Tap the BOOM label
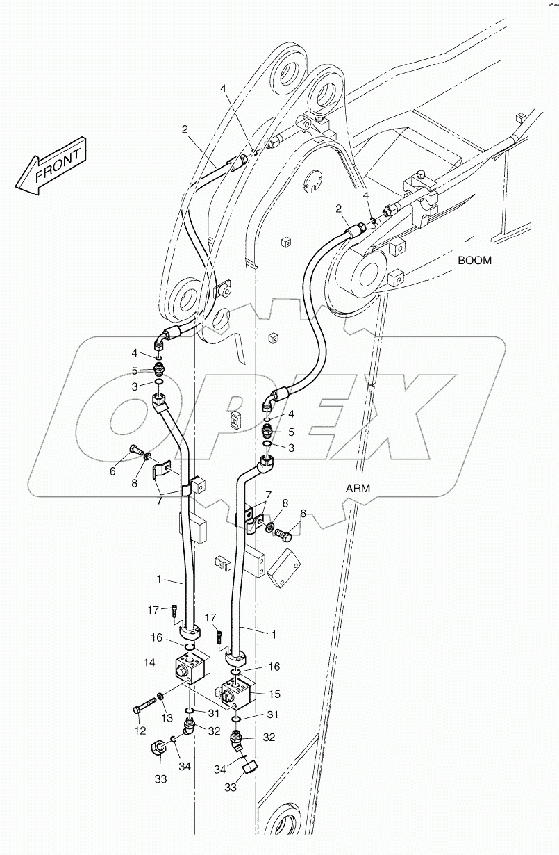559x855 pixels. point(474,261)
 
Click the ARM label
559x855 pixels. point(358,488)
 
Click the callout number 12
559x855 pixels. point(140,731)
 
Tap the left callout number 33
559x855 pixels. point(160,779)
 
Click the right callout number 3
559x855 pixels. point(291,448)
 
